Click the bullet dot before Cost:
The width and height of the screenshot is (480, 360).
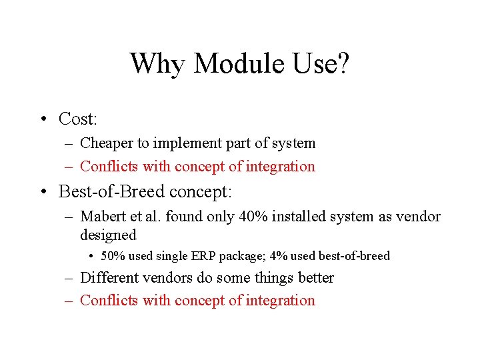pos(42,119)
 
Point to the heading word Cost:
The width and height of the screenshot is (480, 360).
pos(78,119)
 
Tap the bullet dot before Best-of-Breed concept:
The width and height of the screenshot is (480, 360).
pos(42,192)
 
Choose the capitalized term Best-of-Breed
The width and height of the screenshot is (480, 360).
pos(111,192)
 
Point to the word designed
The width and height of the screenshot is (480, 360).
pos(108,235)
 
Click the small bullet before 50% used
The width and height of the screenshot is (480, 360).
pos(91,256)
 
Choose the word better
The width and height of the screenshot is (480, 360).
pos(314,278)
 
